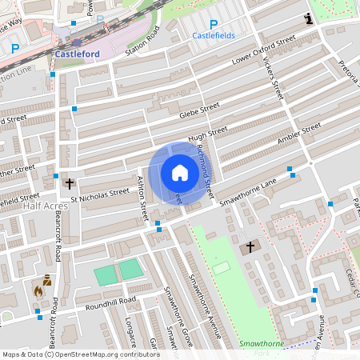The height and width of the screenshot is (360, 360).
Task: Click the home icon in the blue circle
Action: pos(179,173)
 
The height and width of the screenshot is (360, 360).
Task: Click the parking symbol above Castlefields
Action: pos(213,25)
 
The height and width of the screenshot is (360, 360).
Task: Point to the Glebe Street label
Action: pos(199,108)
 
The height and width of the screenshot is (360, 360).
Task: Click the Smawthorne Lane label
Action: pos(248,192)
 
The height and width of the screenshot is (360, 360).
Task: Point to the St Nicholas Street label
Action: pos(99,192)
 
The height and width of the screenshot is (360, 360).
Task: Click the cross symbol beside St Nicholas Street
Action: pos(70,183)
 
